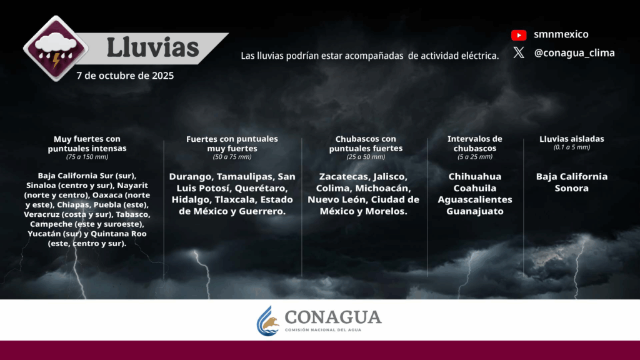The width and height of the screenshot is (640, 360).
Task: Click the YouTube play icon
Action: (x=519, y=35)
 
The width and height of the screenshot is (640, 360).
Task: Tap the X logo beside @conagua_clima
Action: (x=519, y=52)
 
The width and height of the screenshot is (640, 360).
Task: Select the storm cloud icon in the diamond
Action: (x=56, y=49)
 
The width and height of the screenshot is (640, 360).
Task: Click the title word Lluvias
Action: (x=152, y=47)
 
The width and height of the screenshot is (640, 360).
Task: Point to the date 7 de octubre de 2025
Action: (x=125, y=76)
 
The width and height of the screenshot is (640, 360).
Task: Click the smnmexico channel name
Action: (x=561, y=34)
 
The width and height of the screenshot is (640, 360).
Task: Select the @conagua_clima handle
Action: (x=574, y=53)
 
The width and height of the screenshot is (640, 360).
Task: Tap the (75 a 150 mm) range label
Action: (x=87, y=157)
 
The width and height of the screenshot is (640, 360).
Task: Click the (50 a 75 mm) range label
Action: (x=232, y=157)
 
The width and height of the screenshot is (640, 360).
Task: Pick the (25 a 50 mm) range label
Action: (x=366, y=157)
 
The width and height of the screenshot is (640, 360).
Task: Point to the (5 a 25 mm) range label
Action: (x=475, y=157)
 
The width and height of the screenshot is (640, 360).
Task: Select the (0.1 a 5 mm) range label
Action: (x=571, y=147)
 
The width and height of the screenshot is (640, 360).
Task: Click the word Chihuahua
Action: (x=475, y=176)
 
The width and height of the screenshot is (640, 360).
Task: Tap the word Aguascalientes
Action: (x=475, y=199)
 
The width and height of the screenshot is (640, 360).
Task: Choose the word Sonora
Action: (x=571, y=188)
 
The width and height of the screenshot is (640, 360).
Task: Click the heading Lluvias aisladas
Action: (x=571, y=139)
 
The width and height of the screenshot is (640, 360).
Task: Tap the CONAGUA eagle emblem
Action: (x=267, y=321)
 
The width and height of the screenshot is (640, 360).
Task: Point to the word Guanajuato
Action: (x=475, y=211)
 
